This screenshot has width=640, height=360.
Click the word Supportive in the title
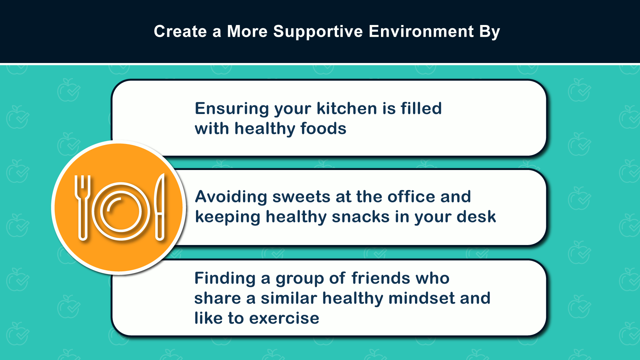318,32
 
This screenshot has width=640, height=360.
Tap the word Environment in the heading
421,31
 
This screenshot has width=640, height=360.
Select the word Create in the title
180,31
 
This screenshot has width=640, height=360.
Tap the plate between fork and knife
121,211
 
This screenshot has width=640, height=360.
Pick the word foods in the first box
323,129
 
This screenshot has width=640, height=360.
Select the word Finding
225,279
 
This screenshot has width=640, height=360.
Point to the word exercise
284,318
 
